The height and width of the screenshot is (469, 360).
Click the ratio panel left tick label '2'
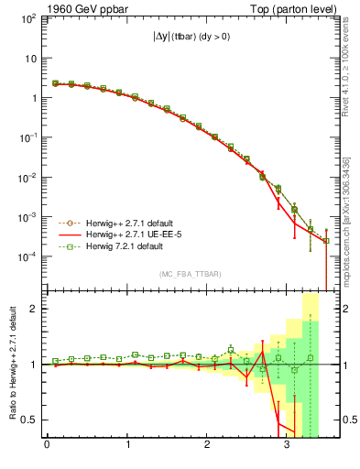click(34, 309)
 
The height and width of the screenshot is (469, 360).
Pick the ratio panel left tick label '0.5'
click(29, 420)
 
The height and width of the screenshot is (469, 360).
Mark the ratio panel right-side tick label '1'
click(338, 365)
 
